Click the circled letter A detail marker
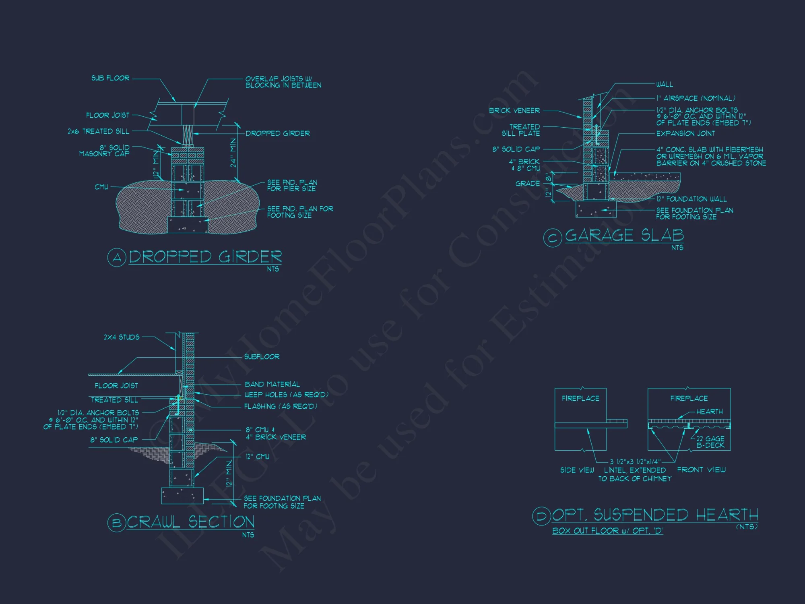[117, 257]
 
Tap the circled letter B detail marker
[117, 523]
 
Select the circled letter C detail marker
[553, 238]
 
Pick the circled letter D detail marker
[542, 516]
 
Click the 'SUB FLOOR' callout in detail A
[110, 78]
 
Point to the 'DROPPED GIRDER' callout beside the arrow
[278, 133]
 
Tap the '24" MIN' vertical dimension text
[233, 153]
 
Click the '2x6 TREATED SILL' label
[99, 131]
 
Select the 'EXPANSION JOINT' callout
[685, 133]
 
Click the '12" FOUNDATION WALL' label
[691, 199]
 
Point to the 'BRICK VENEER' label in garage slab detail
[514, 110]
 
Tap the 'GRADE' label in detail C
[528, 184]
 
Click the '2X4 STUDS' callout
[122, 337]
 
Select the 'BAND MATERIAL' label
[272, 384]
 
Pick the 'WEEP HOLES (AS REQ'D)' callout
[287, 395]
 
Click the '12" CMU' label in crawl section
[258, 457]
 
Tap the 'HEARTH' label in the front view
[710, 412]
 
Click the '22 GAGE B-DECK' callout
[710, 442]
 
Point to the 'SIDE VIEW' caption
[577, 470]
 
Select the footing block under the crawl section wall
[182, 496]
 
